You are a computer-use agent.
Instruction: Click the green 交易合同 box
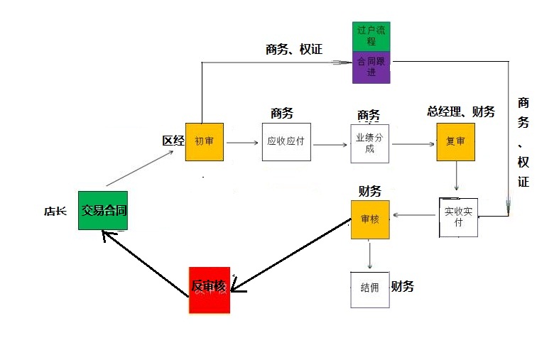click(103, 209)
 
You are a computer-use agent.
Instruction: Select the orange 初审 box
click(205, 141)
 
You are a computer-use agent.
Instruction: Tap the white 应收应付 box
click(286, 141)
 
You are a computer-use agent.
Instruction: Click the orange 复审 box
click(455, 141)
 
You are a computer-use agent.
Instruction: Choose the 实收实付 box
click(458, 217)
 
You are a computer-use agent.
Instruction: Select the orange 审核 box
click(370, 219)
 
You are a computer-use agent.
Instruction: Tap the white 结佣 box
click(369, 289)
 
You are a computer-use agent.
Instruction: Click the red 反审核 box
click(210, 290)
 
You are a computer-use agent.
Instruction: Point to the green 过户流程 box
click(371, 37)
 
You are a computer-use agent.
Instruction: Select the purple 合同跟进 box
click(371, 67)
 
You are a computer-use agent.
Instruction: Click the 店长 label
click(55, 211)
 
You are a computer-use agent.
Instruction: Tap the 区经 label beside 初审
click(173, 141)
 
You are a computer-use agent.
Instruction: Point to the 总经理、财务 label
click(460, 111)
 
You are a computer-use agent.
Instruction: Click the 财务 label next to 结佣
click(403, 286)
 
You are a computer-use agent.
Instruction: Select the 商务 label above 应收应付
click(282, 113)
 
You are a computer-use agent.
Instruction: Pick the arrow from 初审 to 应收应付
click(242, 143)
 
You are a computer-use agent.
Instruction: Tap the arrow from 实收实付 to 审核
click(415, 215)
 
